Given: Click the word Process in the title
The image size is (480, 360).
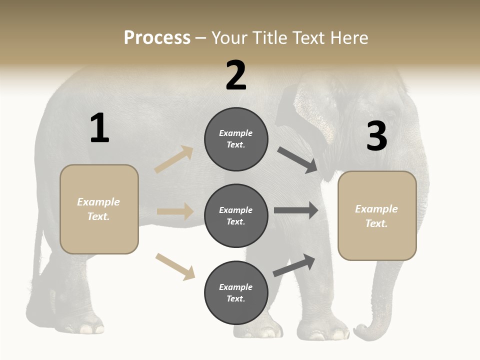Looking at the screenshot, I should (x=157, y=38).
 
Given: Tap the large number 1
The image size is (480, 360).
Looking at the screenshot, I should (x=99, y=128).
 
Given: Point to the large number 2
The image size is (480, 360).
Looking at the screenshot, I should (x=236, y=75).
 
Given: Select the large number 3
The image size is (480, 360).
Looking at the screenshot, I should (x=376, y=136).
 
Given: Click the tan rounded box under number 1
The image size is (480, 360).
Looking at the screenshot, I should (x=99, y=209).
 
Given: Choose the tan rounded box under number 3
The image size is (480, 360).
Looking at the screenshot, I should (x=377, y=216).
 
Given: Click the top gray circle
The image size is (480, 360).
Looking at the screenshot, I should (x=236, y=139).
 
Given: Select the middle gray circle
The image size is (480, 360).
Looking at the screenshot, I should (x=236, y=215).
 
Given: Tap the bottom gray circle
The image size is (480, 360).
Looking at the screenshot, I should (x=236, y=292).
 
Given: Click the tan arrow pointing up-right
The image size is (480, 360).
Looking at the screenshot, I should (x=174, y=159).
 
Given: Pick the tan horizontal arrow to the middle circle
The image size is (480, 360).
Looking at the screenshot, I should (x=175, y=211).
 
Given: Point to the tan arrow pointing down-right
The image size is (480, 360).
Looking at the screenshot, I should (x=175, y=266).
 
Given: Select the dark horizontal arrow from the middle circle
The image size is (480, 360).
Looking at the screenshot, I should (x=296, y=210).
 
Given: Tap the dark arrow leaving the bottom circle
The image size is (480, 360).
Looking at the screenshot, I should (x=294, y=265).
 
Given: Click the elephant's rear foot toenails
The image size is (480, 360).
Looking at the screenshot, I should (x=90, y=329).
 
